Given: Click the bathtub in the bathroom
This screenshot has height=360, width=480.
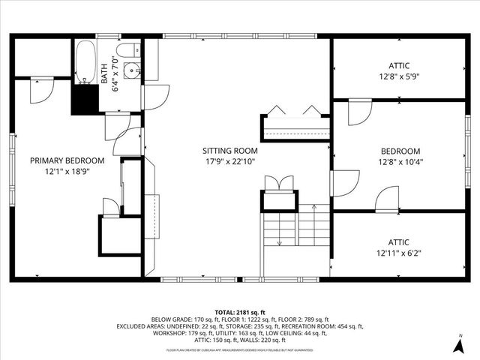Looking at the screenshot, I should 85,63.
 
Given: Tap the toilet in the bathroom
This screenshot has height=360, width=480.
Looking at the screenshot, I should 129,50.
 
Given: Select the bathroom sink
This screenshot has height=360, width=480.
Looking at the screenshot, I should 132,72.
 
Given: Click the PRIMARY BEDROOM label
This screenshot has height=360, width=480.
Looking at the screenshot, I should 67,160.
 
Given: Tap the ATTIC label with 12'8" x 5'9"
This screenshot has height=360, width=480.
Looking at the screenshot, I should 399,65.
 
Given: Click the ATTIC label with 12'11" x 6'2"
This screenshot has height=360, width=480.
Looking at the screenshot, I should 399,241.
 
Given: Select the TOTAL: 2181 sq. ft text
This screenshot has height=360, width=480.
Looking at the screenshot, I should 240,311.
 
